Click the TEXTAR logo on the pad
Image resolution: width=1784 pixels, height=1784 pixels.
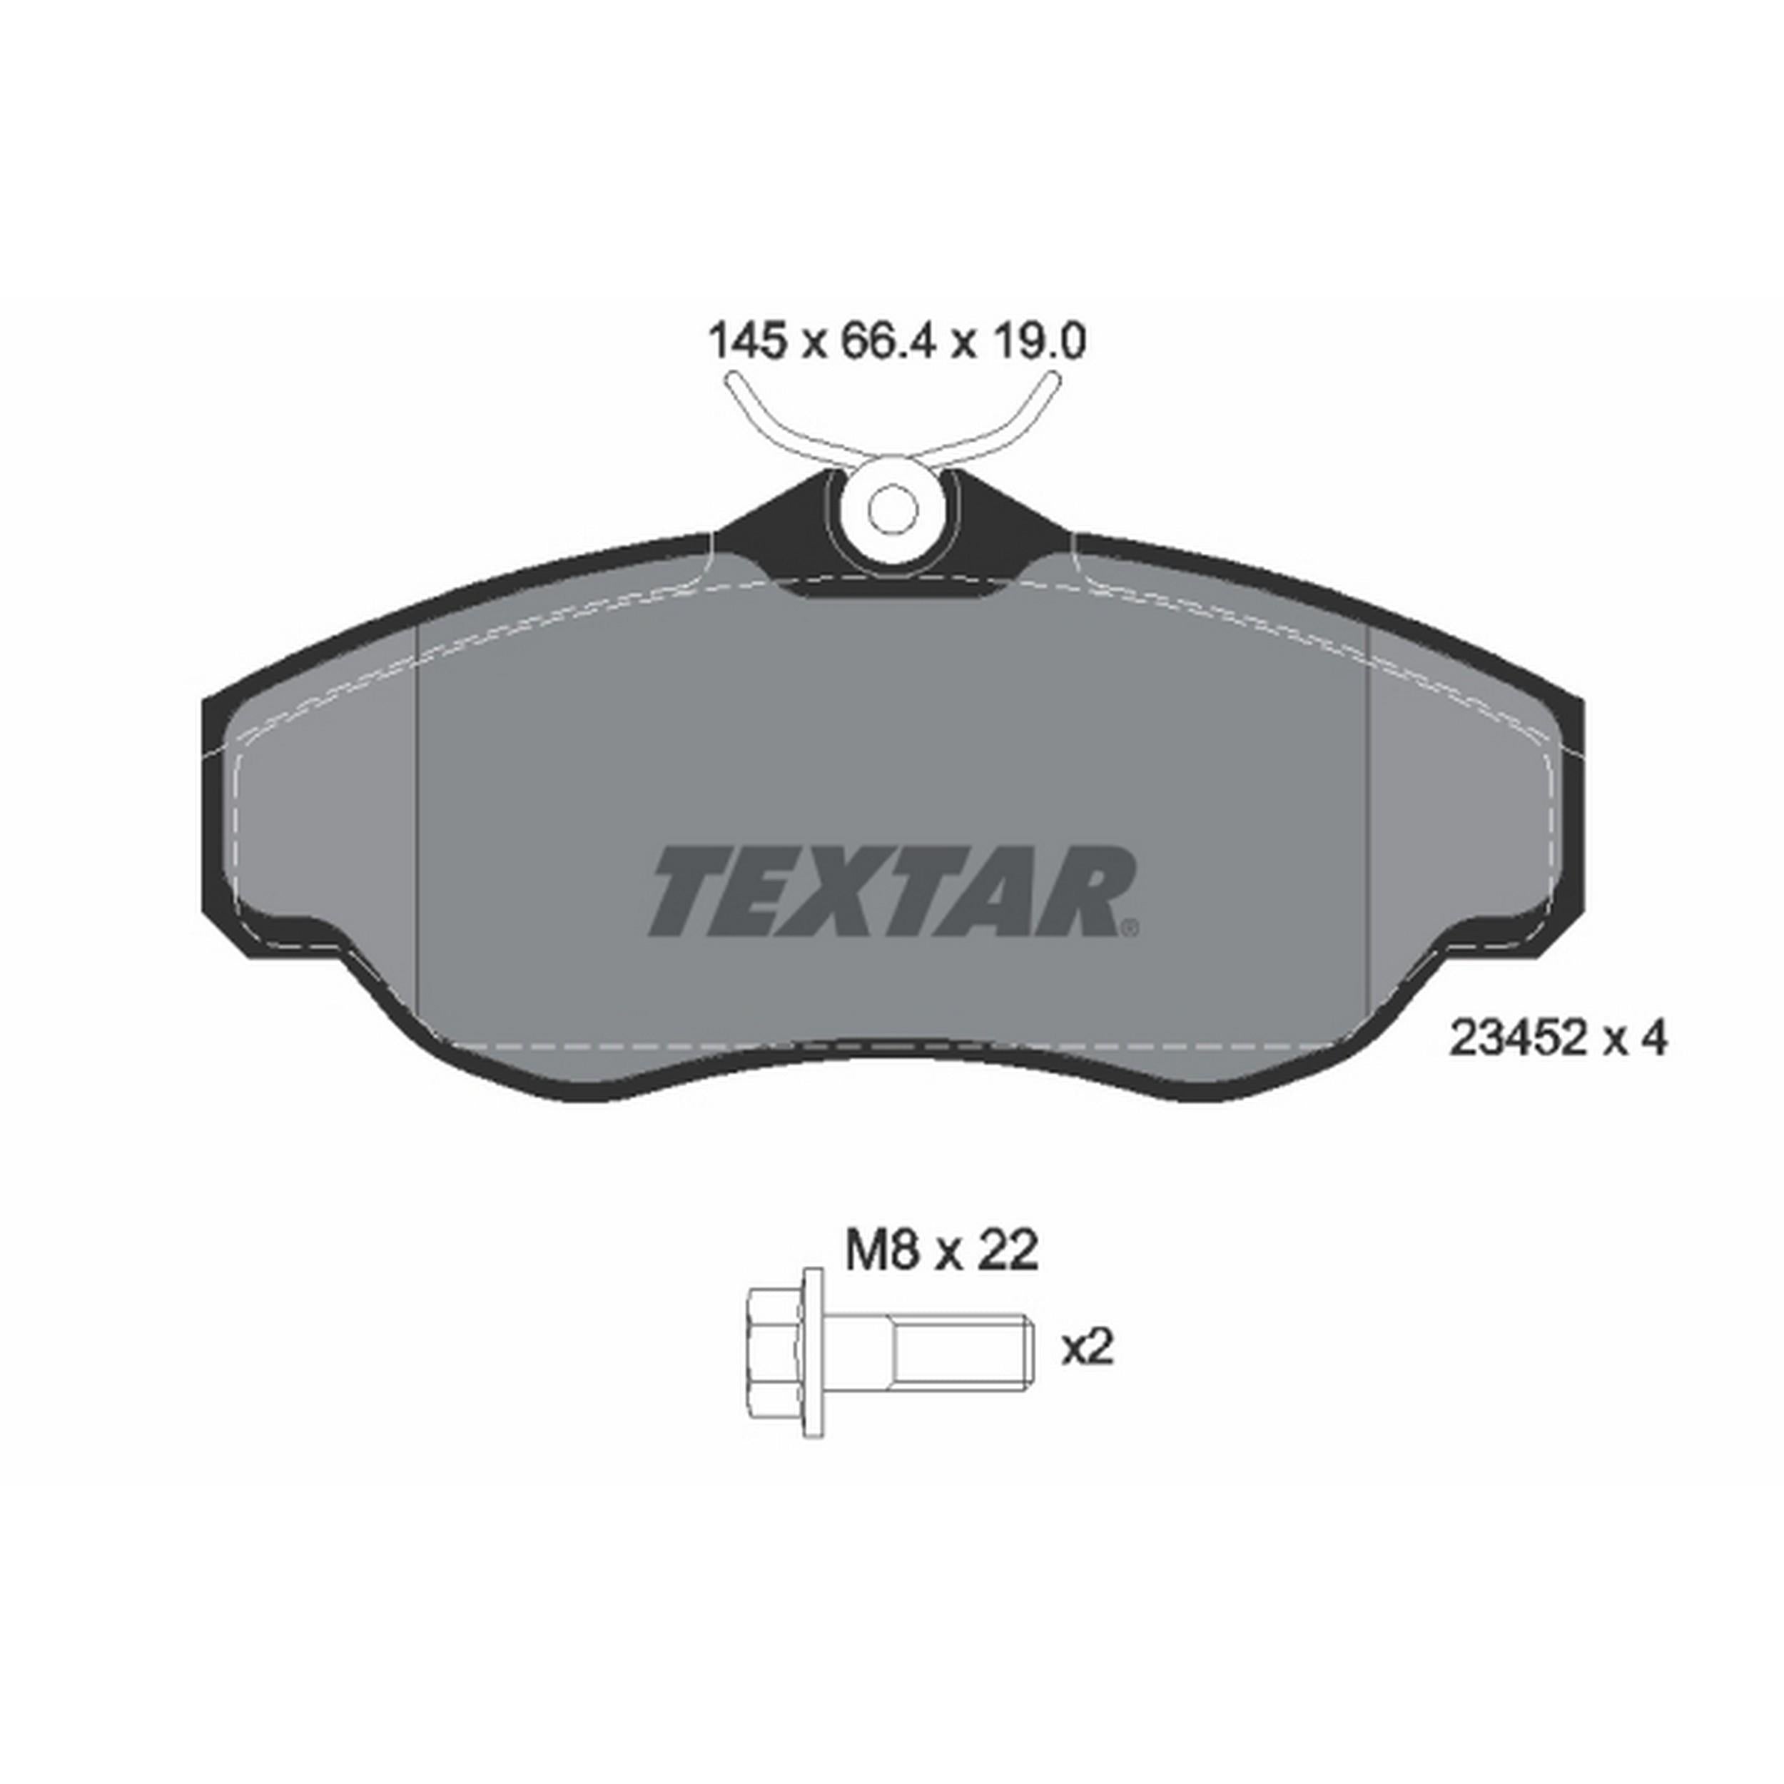892,893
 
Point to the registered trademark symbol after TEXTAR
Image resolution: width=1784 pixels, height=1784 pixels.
1130,927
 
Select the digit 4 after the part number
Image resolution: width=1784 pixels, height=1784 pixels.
1655,1040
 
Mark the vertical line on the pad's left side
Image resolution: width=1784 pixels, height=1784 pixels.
419,813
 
